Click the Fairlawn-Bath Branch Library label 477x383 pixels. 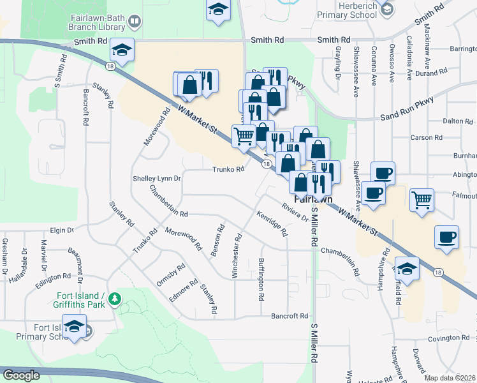[95, 23]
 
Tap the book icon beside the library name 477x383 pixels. [135, 23]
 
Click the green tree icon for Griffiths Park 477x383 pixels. [115, 298]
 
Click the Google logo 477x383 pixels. [21, 375]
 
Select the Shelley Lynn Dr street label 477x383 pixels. [158, 179]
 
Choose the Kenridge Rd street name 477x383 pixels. [273, 224]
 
